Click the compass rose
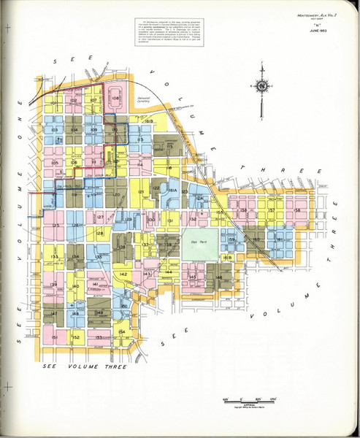(261, 85)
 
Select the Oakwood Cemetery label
(142, 98)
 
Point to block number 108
(115, 98)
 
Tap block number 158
(296, 210)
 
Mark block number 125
(55, 226)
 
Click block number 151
(55, 337)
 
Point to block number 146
(218, 277)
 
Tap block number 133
(55, 257)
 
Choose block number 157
(271, 210)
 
